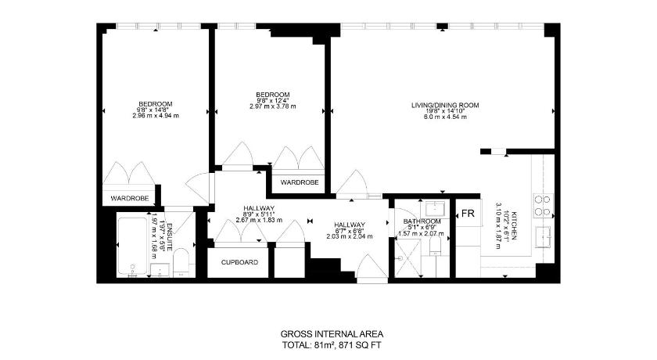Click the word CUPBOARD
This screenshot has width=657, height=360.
pyautogui.click(x=239, y=262)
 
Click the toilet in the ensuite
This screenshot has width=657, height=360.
pyautogui.click(x=181, y=262)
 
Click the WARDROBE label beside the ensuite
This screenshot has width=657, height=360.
pyautogui.click(x=129, y=199)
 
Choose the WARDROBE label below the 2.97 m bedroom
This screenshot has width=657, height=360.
pyautogui.click(x=300, y=182)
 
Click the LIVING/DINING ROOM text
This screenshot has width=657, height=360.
pyautogui.click(x=445, y=105)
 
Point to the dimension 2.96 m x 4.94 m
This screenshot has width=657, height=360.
pyautogui.click(x=156, y=115)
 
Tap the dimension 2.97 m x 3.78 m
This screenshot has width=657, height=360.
pyautogui.click(x=273, y=106)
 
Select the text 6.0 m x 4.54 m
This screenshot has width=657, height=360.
pyautogui.click(x=445, y=117)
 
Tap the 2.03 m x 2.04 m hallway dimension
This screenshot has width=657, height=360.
pyautogui.click(x=349, y=236)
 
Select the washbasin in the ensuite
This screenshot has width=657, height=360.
pyautogui.click(x=160, y=270)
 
